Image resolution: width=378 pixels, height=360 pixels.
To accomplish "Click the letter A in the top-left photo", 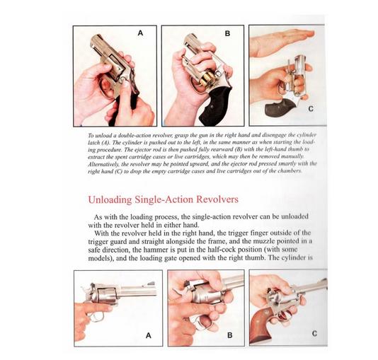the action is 140,33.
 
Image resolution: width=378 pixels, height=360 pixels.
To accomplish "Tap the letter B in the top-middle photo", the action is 227,33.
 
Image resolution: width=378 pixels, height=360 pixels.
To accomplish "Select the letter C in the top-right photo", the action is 311,109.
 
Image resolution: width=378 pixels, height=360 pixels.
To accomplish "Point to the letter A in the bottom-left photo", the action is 148,335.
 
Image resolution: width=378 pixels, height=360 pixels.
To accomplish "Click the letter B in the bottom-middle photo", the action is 230,335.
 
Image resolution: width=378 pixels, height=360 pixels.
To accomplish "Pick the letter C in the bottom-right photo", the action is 314,334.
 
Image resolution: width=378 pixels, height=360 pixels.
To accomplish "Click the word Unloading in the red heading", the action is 110,200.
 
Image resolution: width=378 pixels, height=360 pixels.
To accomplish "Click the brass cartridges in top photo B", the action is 205,79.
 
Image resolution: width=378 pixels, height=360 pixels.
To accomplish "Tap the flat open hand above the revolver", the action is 282,42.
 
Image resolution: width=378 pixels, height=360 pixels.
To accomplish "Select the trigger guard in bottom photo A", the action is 96,316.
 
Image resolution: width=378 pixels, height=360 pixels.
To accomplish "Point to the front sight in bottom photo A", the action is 151,283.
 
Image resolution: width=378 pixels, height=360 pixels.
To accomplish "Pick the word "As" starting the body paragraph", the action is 98,217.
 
